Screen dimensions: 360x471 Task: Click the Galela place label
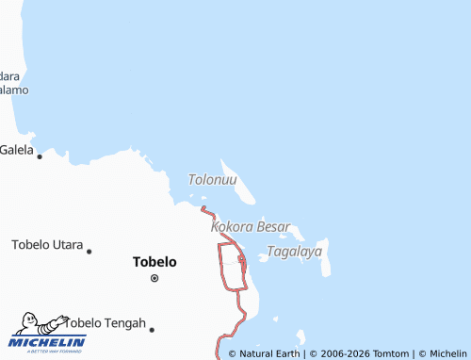click(x=16, y=149)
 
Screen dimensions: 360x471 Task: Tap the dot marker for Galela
click(x=39, y=156)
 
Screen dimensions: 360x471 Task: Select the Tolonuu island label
click(x=213, y=179)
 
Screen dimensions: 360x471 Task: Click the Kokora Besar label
click(x=251, y=228)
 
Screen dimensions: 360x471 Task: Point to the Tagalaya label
click(x=295, y=252)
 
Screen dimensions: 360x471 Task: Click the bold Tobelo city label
click(x=155, y=261)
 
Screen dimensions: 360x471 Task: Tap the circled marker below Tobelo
click(x=154, y=278)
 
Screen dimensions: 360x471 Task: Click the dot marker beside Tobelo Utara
click(x=89, y=251)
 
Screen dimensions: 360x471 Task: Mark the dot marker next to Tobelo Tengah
click(x=151, y=329)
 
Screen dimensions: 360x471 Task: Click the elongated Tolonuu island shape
click(x=243, y=188)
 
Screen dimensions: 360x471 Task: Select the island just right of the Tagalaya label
click(x=326, y=263)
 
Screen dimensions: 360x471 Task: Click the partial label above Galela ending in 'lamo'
click(x=14, y=90)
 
